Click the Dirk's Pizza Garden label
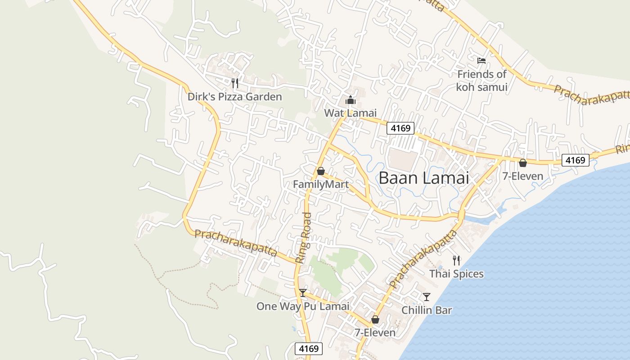[234, 97]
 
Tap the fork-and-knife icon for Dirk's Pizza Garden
[234, 83]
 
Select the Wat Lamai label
[350, 113]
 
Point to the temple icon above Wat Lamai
[351, 100]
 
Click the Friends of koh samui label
[481, 81]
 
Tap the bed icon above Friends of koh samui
[481, 60]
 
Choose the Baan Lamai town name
[423, 178]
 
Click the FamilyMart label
[320, 184]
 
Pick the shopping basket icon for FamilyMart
[320, 171]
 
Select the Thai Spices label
[456, 274]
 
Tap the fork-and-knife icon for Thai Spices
[456, 260]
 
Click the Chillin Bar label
[426, 310]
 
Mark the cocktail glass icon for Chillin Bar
[426, 297]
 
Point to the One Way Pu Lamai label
[303, 306]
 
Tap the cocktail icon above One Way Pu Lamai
[303, 293]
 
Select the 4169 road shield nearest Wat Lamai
[400, 128]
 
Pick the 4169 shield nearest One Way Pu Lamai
[309, 348]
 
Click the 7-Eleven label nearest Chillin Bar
[375, 333]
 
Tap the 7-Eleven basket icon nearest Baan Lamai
[522, 163]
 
